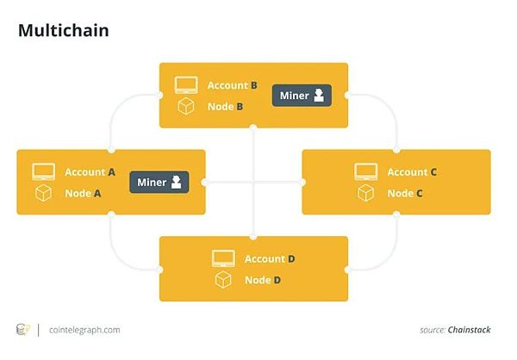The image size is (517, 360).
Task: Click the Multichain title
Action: [63, 31]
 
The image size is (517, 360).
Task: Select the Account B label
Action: [232, 85]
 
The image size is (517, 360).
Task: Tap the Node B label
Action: [226, 107]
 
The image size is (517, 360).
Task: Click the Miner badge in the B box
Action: [302, 96]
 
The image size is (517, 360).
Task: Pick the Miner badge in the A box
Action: [159, 182]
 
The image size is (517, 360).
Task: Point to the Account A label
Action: [90, 172]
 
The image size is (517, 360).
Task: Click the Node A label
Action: [84, 194]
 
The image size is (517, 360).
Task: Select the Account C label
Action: [412, 172]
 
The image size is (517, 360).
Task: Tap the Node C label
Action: [405, 194]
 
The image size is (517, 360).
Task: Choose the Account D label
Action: [270, 258]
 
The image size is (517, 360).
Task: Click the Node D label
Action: [263, 280]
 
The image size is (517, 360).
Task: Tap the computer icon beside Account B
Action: [186, 85]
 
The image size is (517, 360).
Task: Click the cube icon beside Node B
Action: [186, 107]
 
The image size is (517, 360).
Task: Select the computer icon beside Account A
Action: [44, 172]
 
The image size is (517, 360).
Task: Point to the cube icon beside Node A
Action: [44, 194]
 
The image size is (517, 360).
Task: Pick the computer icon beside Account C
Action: [366, 172]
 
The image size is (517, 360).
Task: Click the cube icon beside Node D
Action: [223, 280]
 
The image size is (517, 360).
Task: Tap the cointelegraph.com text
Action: [84, 329]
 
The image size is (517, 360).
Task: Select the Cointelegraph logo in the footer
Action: [23, 329]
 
